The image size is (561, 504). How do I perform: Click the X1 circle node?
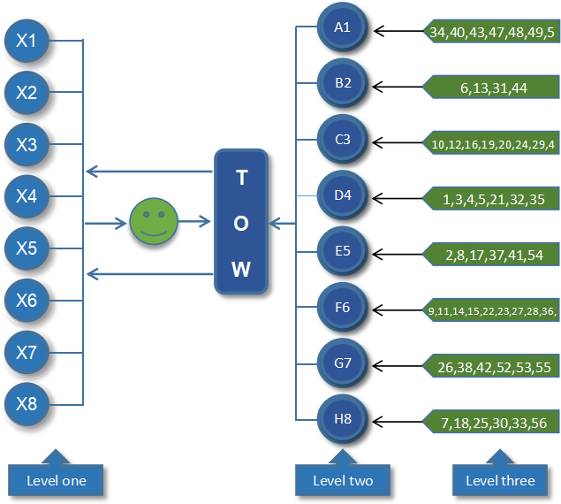tap(27, 40)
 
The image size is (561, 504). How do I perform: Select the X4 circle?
tap(27, 196)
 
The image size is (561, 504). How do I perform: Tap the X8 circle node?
tap(27, 405)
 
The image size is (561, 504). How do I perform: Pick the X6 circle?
tap(27, 301)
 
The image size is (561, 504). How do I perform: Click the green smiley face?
tap(154, 222)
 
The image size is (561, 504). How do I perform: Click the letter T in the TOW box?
tap(241, 178)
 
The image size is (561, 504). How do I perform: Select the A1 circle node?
tap(342, 27)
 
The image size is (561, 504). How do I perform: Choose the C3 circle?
tap(342, 140)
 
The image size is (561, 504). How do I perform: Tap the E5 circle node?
tap(342, 251)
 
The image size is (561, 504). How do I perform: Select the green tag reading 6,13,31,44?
tap(493, 88)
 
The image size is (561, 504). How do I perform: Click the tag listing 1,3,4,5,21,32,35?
tap(493, 200)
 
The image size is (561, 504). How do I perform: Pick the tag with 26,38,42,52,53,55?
tap(493, 367)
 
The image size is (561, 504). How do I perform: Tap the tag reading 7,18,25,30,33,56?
tap(493, 424)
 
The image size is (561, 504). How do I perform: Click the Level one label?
tap(56, 480)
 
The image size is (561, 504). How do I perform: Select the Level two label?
tap(343, 480)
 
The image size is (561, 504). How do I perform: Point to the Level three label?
tap(500, 480)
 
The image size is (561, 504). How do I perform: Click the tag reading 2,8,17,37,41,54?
tap(493, 256)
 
